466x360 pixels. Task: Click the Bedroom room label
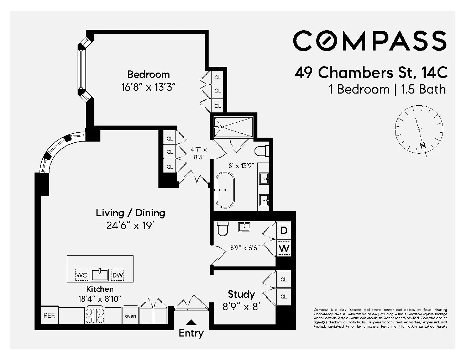(148, 74)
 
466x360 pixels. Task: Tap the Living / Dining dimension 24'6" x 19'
(130, 226)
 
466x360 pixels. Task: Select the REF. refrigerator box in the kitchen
(49, 316)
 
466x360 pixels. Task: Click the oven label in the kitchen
(130, 316)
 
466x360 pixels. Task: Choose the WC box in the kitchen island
(82, 275)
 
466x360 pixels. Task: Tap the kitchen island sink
(99, 275)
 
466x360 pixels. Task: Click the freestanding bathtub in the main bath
(225, 190)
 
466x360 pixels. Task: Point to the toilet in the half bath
(222, 229)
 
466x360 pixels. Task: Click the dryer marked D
(284, 231)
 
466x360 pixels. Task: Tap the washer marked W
(284, 248)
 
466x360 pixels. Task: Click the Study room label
(241, 294)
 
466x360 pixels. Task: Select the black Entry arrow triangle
(191, 323)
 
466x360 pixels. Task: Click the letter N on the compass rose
(423, 145)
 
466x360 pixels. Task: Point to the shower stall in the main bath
(233, 127)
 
